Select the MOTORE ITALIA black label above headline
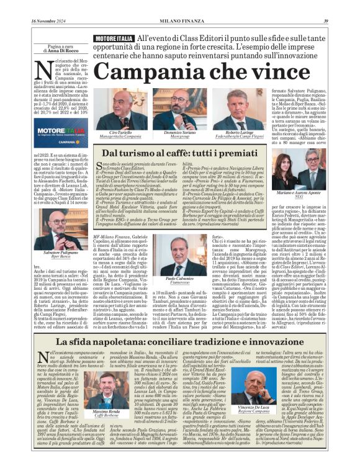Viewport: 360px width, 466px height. point(113,38)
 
